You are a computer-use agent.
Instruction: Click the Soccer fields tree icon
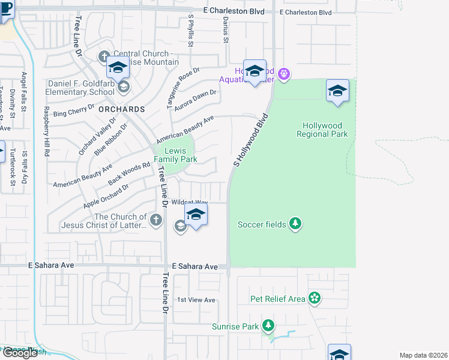[x=295, y=224]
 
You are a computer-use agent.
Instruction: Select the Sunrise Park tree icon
[x=268, y=326]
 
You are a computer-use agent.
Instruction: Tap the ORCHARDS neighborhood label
[x=121, y=110]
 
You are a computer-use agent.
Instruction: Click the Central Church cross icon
[x=104, y=57]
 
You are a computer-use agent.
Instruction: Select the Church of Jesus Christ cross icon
[x=156, y=220]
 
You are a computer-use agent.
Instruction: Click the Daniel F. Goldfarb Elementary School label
[x=81, y=88]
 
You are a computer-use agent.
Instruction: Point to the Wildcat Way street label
[x=190, y=203]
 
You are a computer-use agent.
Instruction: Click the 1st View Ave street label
[x=196, y=299]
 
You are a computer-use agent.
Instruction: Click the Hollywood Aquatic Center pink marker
[x=285, y=74]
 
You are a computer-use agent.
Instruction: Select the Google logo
[x=20, y=353]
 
